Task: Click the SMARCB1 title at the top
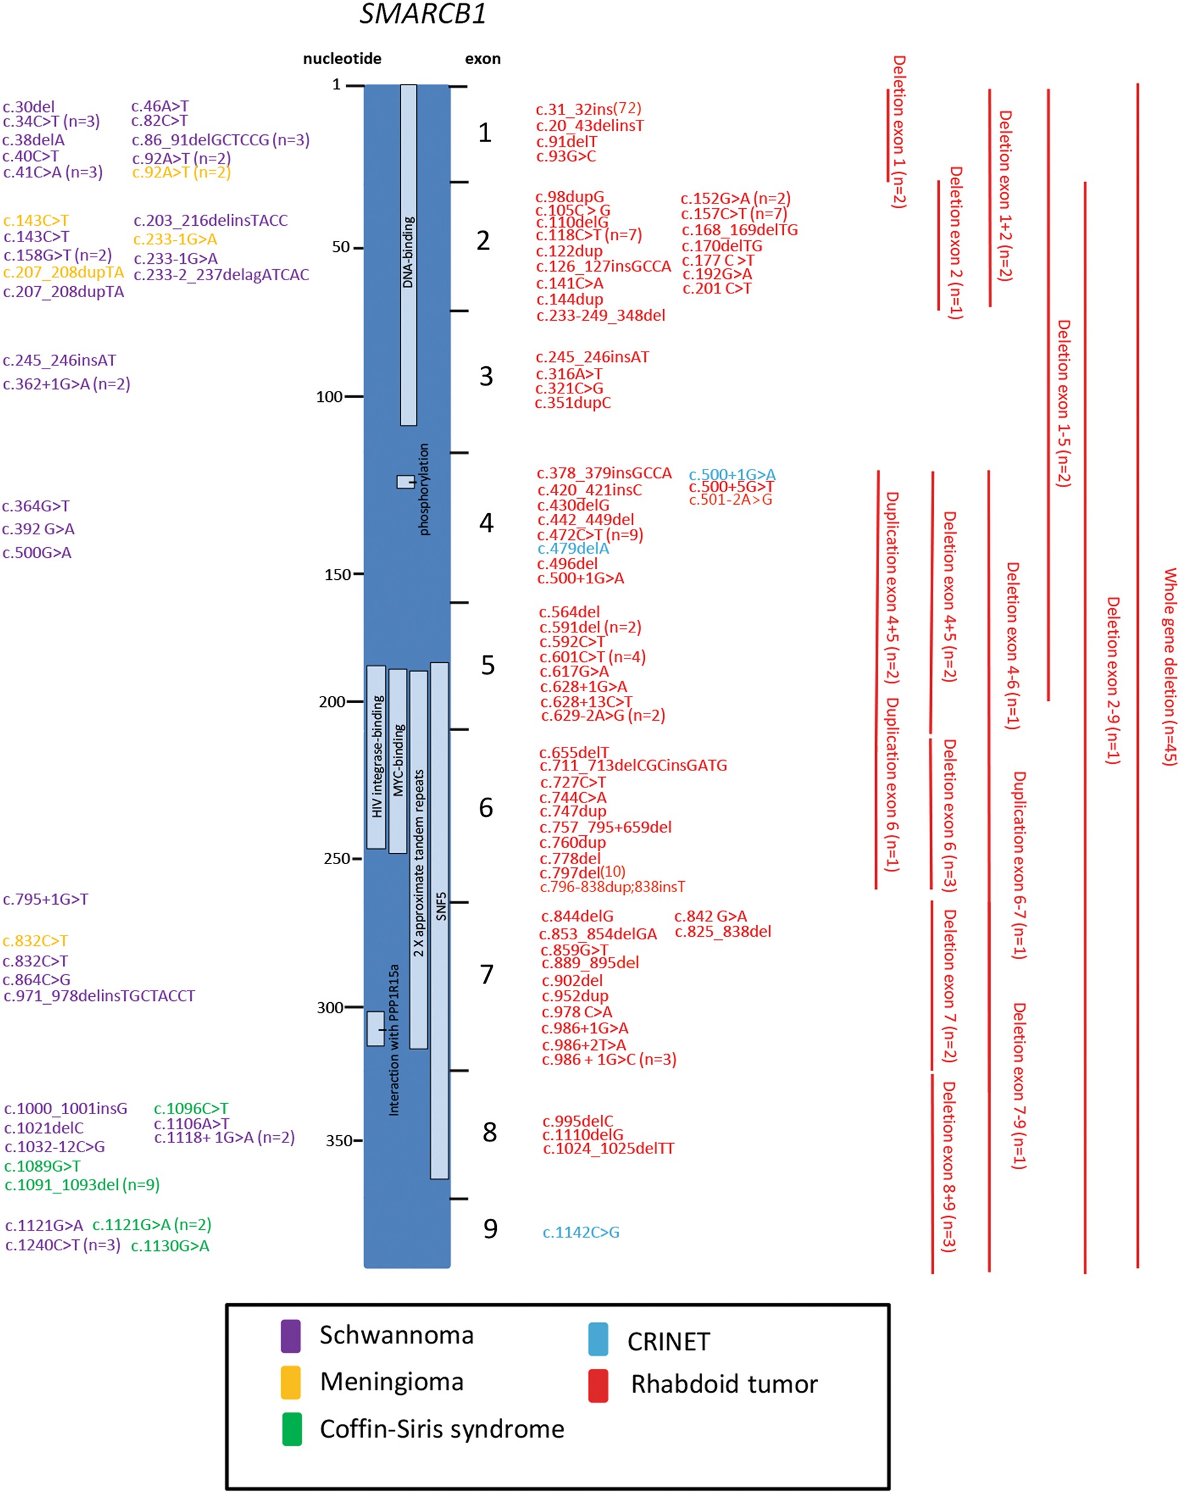[x=423, y=14]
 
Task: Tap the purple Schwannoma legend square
[x=291, y=1336]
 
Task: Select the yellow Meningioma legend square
[x=291, y=1382]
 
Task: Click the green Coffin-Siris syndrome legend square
[x=292, y=1429]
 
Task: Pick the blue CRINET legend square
[x=598, y=1339]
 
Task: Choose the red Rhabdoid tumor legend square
[x=598, y=1385]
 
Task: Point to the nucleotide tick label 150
[x=337, y=574]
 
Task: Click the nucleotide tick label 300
[x=330, y=1007]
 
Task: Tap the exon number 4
[x=487, y=523]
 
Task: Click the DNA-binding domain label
[x=408, y=252]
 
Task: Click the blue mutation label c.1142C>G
[x=580, y=1232]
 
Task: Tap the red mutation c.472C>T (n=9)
[x=589, y=534]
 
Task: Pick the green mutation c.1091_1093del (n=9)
[x=82, y=1184]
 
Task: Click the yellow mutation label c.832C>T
[x=35, y=940]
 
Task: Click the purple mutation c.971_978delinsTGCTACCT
[x=99, y=996]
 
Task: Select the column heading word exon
[x=482, y=59]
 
